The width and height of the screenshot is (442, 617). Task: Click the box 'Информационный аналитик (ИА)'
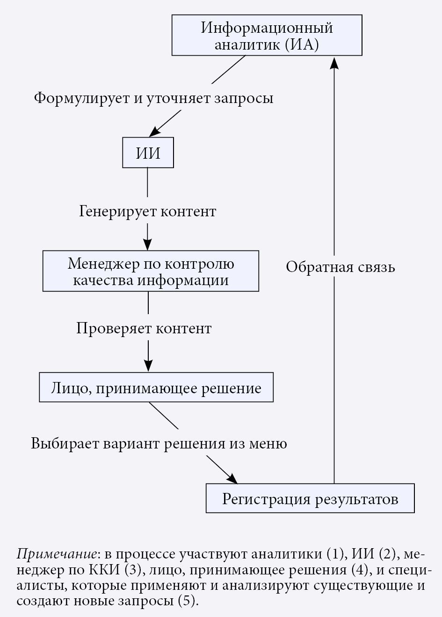click(267, 35)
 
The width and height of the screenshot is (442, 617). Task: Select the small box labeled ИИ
click(148, 153)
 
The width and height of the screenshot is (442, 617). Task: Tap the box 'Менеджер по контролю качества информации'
click(151, 271)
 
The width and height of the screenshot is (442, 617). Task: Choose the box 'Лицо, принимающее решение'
click(156, 387)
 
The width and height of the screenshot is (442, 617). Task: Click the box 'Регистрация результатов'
click(310, 498)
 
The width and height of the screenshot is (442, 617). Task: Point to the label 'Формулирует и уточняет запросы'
click(153, 98)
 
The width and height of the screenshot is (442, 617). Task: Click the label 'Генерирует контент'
click(147, 211)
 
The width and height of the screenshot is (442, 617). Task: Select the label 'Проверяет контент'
click(144, 328)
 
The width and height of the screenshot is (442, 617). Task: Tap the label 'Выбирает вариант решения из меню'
click(159, 443)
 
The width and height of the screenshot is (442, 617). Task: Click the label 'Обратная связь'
click(341, 267)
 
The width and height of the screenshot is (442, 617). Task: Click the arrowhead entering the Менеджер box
click(148, 245)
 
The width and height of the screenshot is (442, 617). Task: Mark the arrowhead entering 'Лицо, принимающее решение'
click(148, 367)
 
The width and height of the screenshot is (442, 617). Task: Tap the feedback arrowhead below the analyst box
click(334, 62)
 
